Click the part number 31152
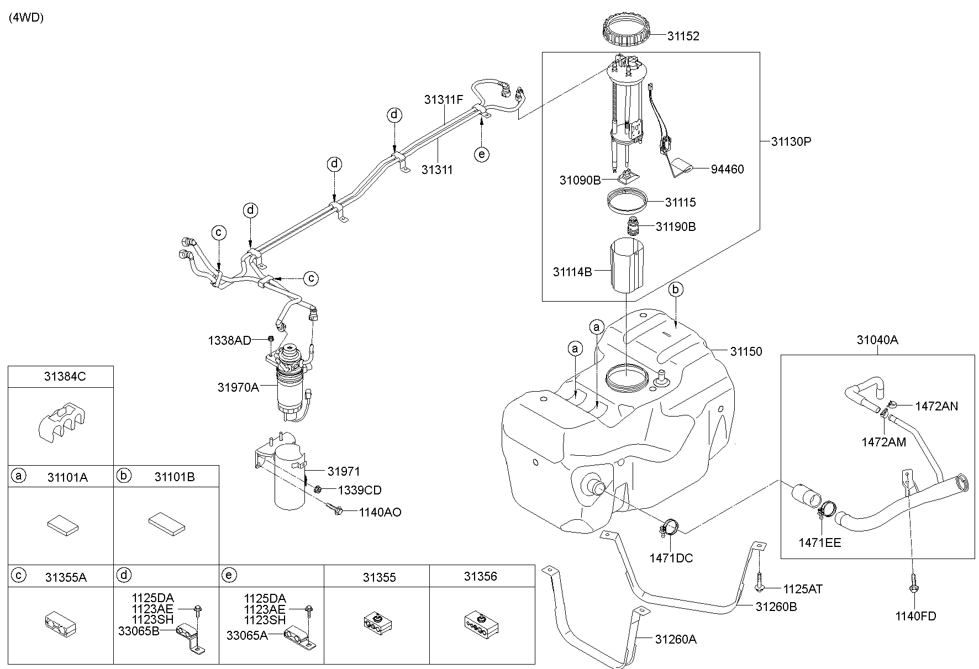coord(683,36)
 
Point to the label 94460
coord(727,169)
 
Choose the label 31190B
coord(676,226)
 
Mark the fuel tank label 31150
coord(746,351)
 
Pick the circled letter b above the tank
coord(675,289)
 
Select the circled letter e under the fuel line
coord(482,154)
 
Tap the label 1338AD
coord(229,340)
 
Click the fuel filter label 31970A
coord(238,387)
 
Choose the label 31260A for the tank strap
coord(676,640)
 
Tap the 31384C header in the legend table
coord(65,377)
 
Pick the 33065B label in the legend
coord(138,630)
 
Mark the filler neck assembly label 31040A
coord(877,340)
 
